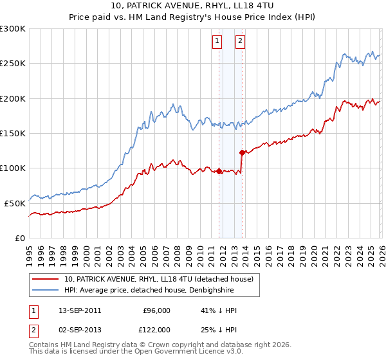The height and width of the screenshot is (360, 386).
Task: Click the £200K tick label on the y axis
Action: coord(13,98)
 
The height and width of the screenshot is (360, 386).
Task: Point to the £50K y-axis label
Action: coord(15,203)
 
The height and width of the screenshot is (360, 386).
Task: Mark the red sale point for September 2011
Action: coord(219,171)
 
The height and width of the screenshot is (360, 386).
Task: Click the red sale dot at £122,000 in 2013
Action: coord(241,153)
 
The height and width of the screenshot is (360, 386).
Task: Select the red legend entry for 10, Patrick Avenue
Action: coord(159,279)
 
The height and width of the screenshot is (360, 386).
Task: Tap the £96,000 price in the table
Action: coord(157,310)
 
